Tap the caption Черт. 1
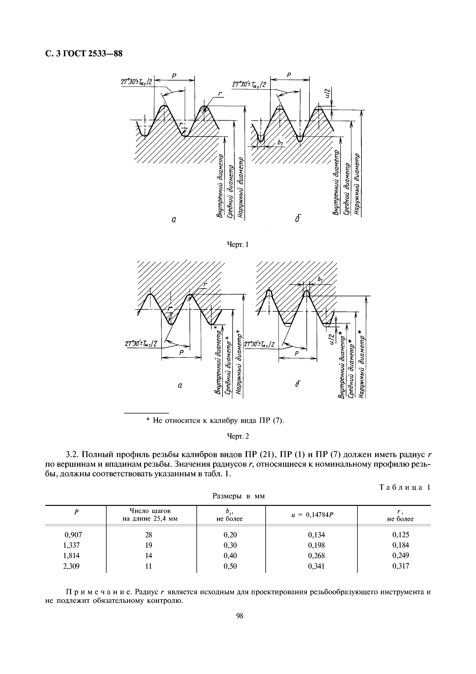[x=238, y=244]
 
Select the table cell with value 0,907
[x=71, y=534]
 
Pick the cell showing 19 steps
[x=148, y=545]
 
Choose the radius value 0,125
[x=400, y=534]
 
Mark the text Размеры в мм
[x=238, y=496]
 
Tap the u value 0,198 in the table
[x=316, y=545]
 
